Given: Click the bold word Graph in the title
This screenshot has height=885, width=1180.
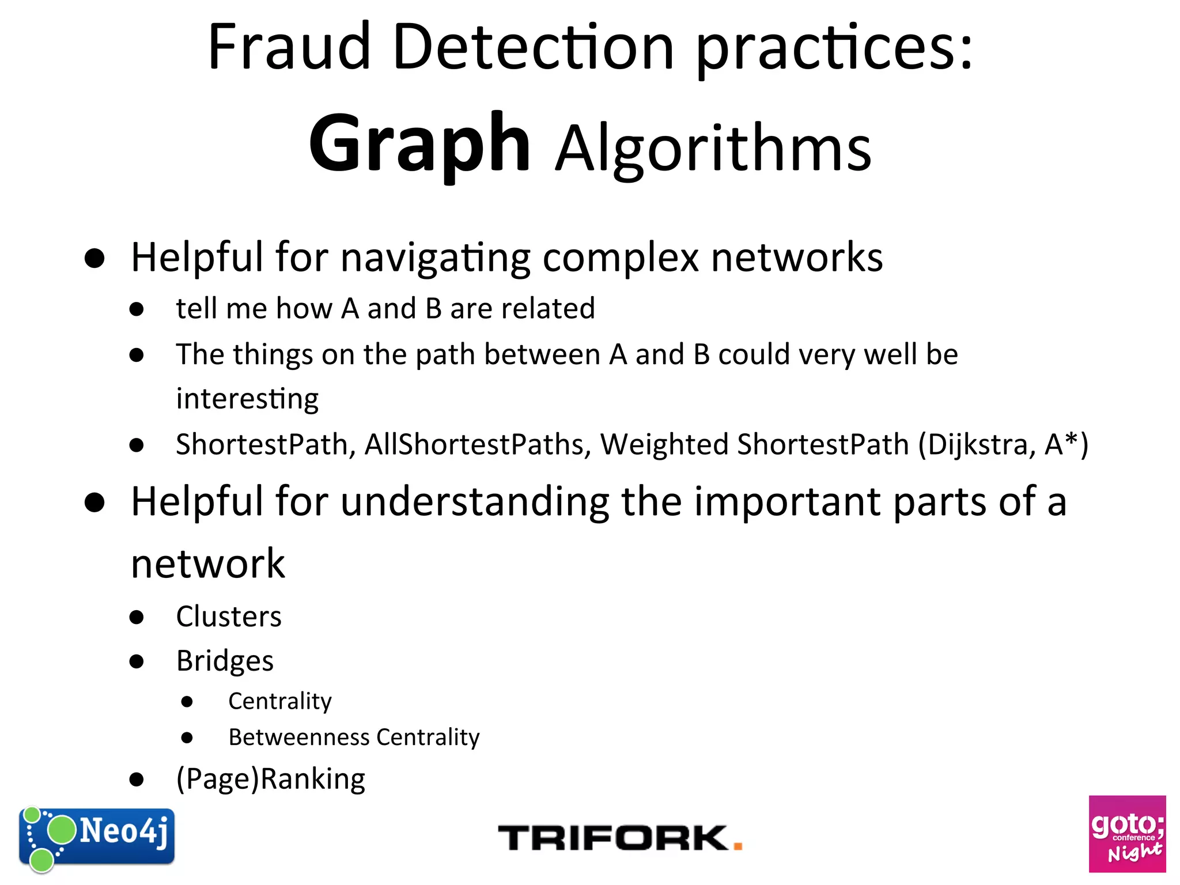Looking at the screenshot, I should point(419,144).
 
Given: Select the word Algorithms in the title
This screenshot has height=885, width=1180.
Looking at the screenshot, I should point(713,149).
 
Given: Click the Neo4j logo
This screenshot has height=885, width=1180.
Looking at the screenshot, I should point(97,838).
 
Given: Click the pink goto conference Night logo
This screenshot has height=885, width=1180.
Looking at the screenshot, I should point(1127,834).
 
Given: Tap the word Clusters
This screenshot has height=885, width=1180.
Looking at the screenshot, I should point(229,617).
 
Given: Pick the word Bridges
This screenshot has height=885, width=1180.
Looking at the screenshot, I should point(225,661).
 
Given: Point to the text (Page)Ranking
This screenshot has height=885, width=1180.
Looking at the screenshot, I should point(271,780).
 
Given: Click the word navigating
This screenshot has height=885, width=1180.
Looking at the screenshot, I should point(436,258).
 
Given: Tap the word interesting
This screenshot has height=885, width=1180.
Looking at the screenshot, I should point(247,399).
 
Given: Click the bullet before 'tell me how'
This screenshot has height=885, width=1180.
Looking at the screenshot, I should point(137,309).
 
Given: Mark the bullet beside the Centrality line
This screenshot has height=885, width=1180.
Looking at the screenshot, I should point(187,702).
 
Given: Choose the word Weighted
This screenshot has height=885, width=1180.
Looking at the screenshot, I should point(664,445).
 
